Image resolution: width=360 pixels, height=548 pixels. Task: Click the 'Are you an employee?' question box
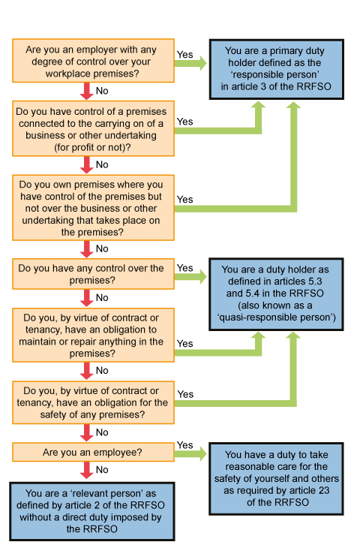click(93, 452)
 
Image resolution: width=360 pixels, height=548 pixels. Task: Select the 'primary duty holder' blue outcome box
click(277, 69)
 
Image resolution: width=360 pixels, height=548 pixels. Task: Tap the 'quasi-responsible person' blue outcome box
click(276, 294)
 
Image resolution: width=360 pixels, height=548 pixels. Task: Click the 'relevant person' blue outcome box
click(92, 512)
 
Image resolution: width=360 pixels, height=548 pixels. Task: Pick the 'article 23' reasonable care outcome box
click(276, 479)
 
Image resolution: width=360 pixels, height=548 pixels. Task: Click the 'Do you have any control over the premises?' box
click(93, 274)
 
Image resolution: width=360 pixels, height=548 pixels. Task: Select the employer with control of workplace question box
click(93, 61)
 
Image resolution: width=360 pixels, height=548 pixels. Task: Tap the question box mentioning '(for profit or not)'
click(93, 128)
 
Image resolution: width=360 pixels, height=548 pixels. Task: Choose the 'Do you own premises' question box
click(93, 208)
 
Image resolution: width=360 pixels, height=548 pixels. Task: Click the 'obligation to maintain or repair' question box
click(93, 335)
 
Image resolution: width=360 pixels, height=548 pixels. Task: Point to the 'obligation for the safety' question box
click(93, 402)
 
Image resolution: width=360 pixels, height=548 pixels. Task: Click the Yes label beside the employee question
click(184, 445)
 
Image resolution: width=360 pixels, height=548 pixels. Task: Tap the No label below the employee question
click(102, 470)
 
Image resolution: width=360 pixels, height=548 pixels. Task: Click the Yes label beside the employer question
click(184, 55)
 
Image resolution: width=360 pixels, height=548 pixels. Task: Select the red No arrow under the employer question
click(86, 92)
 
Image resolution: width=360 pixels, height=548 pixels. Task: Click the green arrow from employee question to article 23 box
click(190, 454)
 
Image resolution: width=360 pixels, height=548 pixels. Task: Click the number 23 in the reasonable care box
click(324, 490)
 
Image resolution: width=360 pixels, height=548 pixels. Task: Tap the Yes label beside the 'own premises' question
click(184, 200)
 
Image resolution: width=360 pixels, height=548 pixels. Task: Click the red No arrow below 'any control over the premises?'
click(86, 299)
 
